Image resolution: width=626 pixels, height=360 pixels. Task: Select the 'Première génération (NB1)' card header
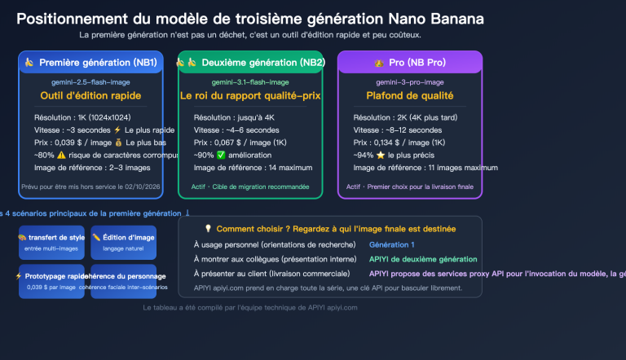(x=90, y=63)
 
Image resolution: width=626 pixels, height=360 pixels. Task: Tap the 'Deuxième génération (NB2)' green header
(x=250, y=63)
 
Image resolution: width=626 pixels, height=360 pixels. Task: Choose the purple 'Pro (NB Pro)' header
(x=409, y=63)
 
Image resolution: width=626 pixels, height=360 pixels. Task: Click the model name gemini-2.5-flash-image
(x=90, y=82)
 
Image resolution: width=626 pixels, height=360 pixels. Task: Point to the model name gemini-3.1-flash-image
(x=250, y=82)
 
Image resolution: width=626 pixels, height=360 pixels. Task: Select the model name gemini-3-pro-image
(x=409, y=82)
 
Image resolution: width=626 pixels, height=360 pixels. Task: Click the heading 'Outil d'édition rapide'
(x=90, y=96)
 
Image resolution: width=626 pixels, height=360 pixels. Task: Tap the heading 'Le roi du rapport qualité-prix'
(x=250, y=96)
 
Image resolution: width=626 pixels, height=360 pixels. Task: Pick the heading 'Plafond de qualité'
(x=409, y=96)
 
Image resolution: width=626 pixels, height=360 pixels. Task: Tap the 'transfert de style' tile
(x=51, y=242)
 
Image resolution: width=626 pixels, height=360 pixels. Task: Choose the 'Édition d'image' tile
(x=123, y=242)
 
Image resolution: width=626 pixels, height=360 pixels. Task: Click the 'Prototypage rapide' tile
(x=51, y=280)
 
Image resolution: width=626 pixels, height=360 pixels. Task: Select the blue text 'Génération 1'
(x=392, y=244)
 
